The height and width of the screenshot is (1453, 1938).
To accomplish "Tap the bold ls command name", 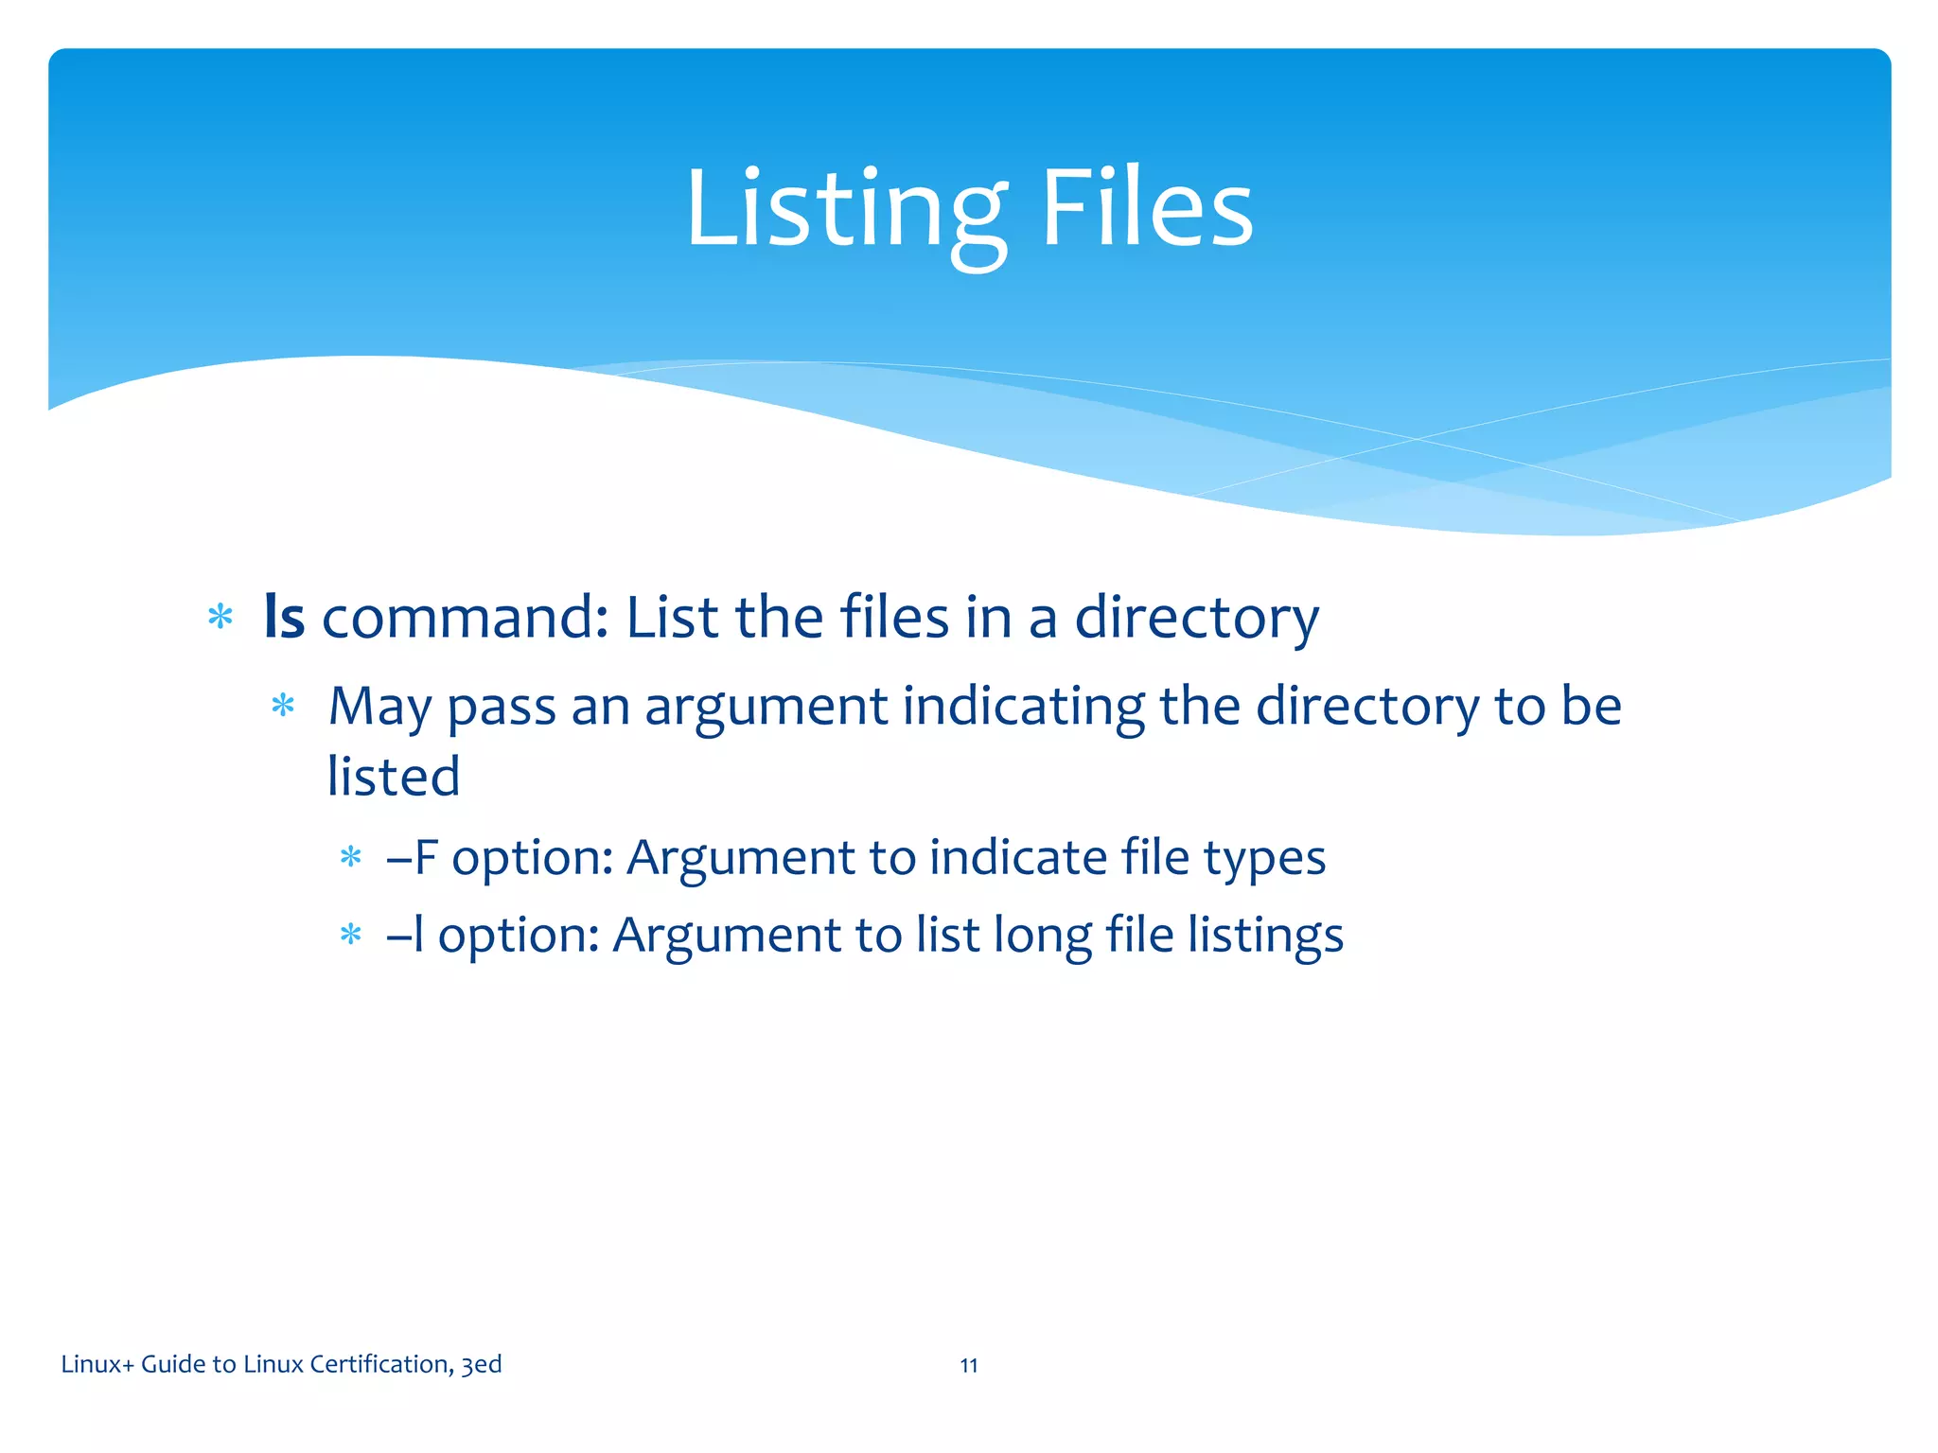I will pyautogui.click(x=284, y=617).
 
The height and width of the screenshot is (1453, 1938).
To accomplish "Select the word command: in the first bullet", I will pyautogui.click(x=465, y=617).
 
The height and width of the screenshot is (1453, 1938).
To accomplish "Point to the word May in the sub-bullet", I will pyautogui.click(x=379, y=707).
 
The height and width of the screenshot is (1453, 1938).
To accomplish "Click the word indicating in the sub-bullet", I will pyautogui.click(x=1023, y=707).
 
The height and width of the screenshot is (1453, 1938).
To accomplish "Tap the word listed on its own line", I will pyautogui.click(x=394, y=777).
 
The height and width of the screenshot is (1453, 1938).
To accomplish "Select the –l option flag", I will pyautogui.click(x=405, y=936).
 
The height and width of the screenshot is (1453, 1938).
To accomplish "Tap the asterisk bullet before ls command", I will pyautogui.click(x=220, y=618).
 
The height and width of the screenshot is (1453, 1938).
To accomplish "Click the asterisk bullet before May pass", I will pyautogui.click(x=283, y=706).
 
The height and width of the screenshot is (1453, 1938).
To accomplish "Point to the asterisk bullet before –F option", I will pyautogui.click(x=351, y=857).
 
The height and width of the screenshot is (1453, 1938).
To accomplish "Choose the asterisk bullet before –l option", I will pyautogui.click(x=351, y=935).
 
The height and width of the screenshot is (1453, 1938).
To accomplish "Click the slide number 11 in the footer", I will pyautogui.click(x=969, y=1365).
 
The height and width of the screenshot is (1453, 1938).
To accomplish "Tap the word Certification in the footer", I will pyautogui.click(x=380, y=1364).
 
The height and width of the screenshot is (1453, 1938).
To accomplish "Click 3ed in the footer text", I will pyautogui.click(x=482, y=1364).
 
